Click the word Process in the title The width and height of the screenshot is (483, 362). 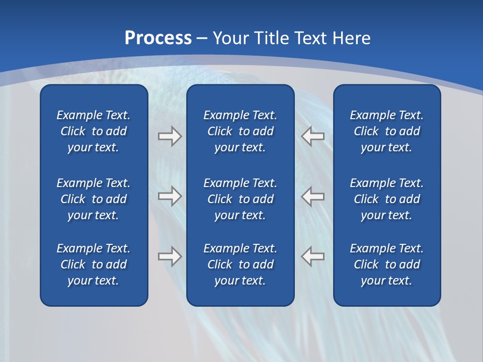(x=158, y=38)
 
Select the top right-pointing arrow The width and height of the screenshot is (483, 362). (x=170, y=136)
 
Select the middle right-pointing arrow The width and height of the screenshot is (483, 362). (x=170, y=196)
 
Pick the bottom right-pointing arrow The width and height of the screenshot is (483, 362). (x=170, y=256)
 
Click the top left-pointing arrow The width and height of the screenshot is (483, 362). (x=312, y=136)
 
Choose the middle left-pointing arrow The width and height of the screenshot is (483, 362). (x=312, y=196)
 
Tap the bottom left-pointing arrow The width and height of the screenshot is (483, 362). (x=312, y=256)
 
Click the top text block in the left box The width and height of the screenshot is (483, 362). (x=94, y=131)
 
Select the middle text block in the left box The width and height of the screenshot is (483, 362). (x=94, y=199)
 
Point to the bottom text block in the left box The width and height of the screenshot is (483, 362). (x=94, y=264)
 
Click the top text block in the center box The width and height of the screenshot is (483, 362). (x=240, y=131)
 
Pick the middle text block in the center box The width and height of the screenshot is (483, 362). (x=240, y=199)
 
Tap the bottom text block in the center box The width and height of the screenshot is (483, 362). (x=240, y=264)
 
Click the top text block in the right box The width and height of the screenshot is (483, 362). (x=386, y=131)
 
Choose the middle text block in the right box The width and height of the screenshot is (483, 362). (x=386, y=199)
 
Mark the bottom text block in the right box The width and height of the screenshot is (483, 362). (x=386, y=264)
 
